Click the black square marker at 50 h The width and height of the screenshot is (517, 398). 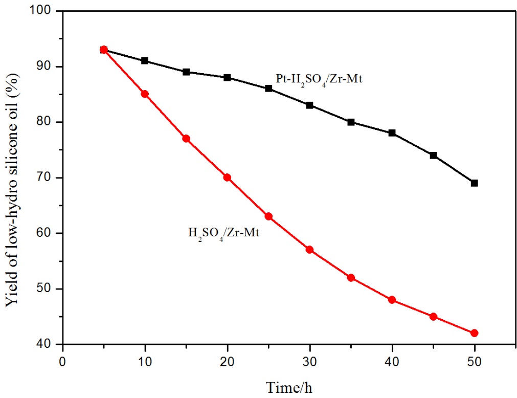point(474,183)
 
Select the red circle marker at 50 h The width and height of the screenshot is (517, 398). point(474,333)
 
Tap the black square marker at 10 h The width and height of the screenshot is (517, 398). point(145,61)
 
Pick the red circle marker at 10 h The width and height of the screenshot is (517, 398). point(145,94)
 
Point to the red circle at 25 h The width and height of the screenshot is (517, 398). point(268,216)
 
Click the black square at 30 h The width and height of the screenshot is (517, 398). point(309,105)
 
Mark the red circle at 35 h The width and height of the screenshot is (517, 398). point(351,278)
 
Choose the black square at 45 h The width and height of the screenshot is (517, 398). point(433,155)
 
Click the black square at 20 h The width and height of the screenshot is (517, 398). point(227,78)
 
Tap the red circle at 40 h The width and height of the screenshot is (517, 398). point(392,300)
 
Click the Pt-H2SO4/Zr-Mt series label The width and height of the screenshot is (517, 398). point(316,80)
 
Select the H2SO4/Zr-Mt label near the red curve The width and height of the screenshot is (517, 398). point(224,234)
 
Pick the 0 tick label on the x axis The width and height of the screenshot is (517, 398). point(62,360)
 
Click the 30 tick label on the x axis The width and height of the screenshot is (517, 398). point(309,360)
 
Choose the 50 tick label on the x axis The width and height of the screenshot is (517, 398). point(474,360)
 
